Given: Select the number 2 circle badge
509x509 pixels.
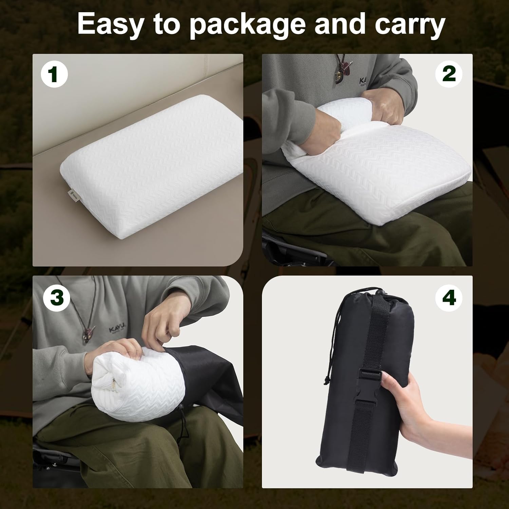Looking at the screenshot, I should coord(449,74).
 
